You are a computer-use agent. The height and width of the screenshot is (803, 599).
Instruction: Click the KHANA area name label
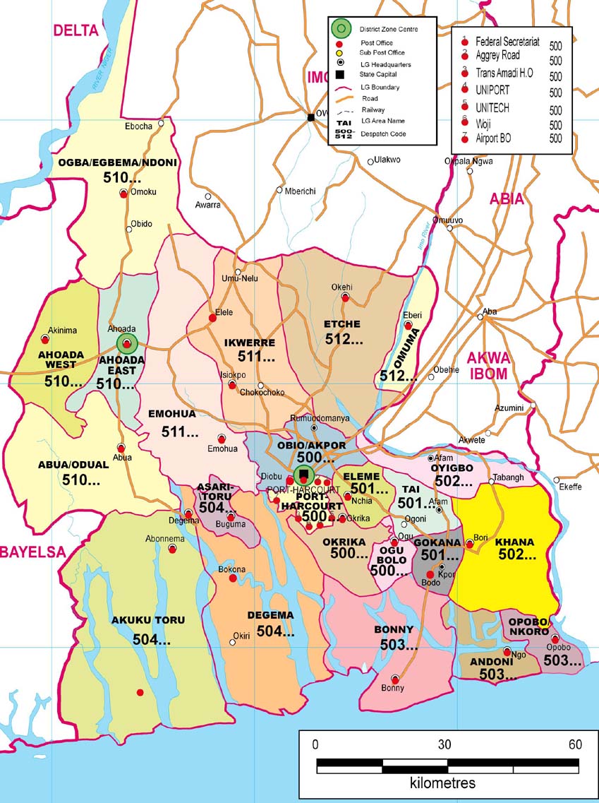[514, 542]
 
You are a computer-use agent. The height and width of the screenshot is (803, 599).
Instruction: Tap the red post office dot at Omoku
[123, 193]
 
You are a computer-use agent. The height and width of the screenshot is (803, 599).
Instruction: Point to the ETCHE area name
[342, 324]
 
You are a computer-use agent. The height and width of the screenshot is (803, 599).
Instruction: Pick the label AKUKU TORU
[148, 620]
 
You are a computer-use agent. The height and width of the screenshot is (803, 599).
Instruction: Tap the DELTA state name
[75, 30]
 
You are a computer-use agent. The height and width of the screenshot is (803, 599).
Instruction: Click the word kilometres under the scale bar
[442, 783]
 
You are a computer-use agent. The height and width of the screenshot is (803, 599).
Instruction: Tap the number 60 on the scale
[575, 744]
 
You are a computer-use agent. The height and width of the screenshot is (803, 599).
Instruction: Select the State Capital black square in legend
[340, 75]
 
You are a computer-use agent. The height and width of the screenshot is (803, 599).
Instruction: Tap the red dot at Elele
[212, 318]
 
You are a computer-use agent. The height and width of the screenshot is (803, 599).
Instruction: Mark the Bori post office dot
[470, 544]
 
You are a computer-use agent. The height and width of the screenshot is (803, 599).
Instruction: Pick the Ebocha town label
[138, 126]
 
